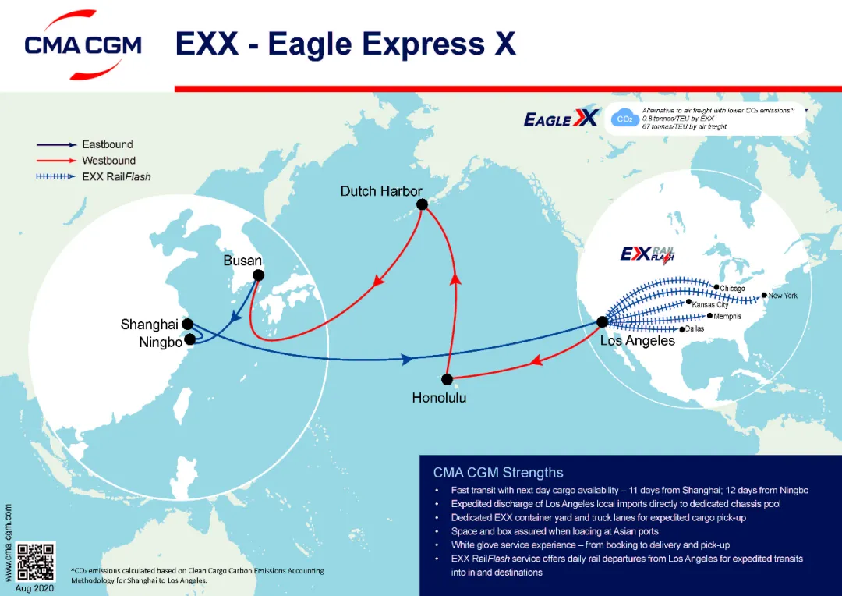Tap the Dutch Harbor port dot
click(x=423, y=204)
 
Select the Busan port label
click(x=242, y=261)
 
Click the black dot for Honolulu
click(x=447, y=380)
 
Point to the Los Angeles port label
click(x=637, y=341)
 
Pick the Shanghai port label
click(x=150, y=324)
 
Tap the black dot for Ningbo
click(x=189, y=339)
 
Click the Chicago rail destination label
click(x=732, y=289)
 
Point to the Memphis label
click(x=727, y=317)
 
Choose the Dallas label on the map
click(x=695, y=329)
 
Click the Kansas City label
click(x=709, y=304)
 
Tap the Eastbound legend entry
click(x=107, y=144)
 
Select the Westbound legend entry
click(x=108, y=161)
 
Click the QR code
click(x=36, y=562)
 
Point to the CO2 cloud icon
click(x=623, y=119)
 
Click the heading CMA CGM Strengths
click(x=498, y=472)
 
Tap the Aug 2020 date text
click(x=35, y=588)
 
